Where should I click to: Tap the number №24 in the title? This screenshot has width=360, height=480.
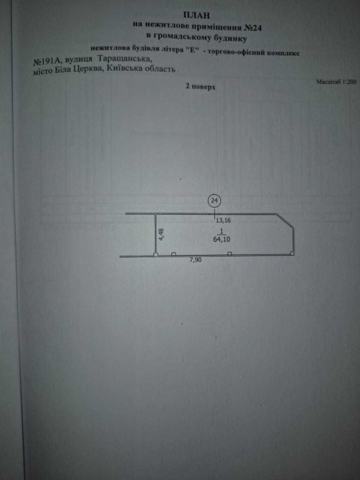pyautogui.click(x=252, y=28)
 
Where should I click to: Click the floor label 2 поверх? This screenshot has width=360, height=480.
pyautogui.click(x=200, y=87)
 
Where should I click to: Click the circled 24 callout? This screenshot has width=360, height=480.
pyautogui.click(x=214, y=201)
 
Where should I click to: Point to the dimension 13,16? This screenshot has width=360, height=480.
pyautogui.click(x=223, y=220)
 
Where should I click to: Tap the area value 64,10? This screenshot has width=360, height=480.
pyautogui.click(x=222, y=240)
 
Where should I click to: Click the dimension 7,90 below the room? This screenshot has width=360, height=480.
pyautogui.click(x=196, y=261)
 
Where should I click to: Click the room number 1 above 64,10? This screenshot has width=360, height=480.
pyautogui.click(x=221, y=231)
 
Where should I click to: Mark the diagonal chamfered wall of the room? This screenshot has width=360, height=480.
pyautogui.click(x=285, y=220)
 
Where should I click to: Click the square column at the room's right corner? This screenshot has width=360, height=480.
pyautogui.click(x=292, y=254)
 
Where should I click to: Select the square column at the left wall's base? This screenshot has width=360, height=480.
pyautogui.click(x=156, y=254)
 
